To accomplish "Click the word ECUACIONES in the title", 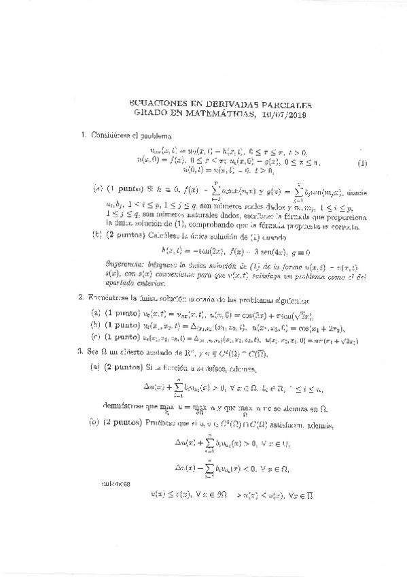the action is [x=156, y=105].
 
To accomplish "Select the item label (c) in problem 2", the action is [x=96, y=336].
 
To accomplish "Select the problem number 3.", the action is [x=80, y=351].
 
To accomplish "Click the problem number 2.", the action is [x=80, y=297].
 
